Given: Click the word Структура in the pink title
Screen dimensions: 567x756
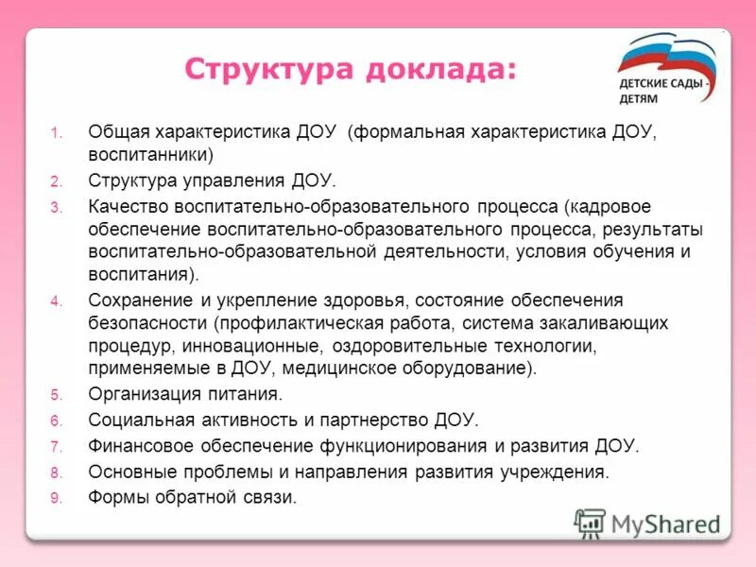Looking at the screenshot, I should (x=262, y=69).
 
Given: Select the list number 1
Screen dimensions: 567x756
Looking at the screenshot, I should (x=57, y=132).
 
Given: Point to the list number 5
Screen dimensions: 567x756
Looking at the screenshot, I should (x=57, y=395).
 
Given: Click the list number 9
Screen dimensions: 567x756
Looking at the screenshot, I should (x=57, y=497).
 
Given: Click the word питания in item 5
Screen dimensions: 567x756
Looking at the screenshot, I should (x=248, y=394).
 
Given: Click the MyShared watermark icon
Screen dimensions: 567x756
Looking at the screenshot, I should (x=590, y=522).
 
